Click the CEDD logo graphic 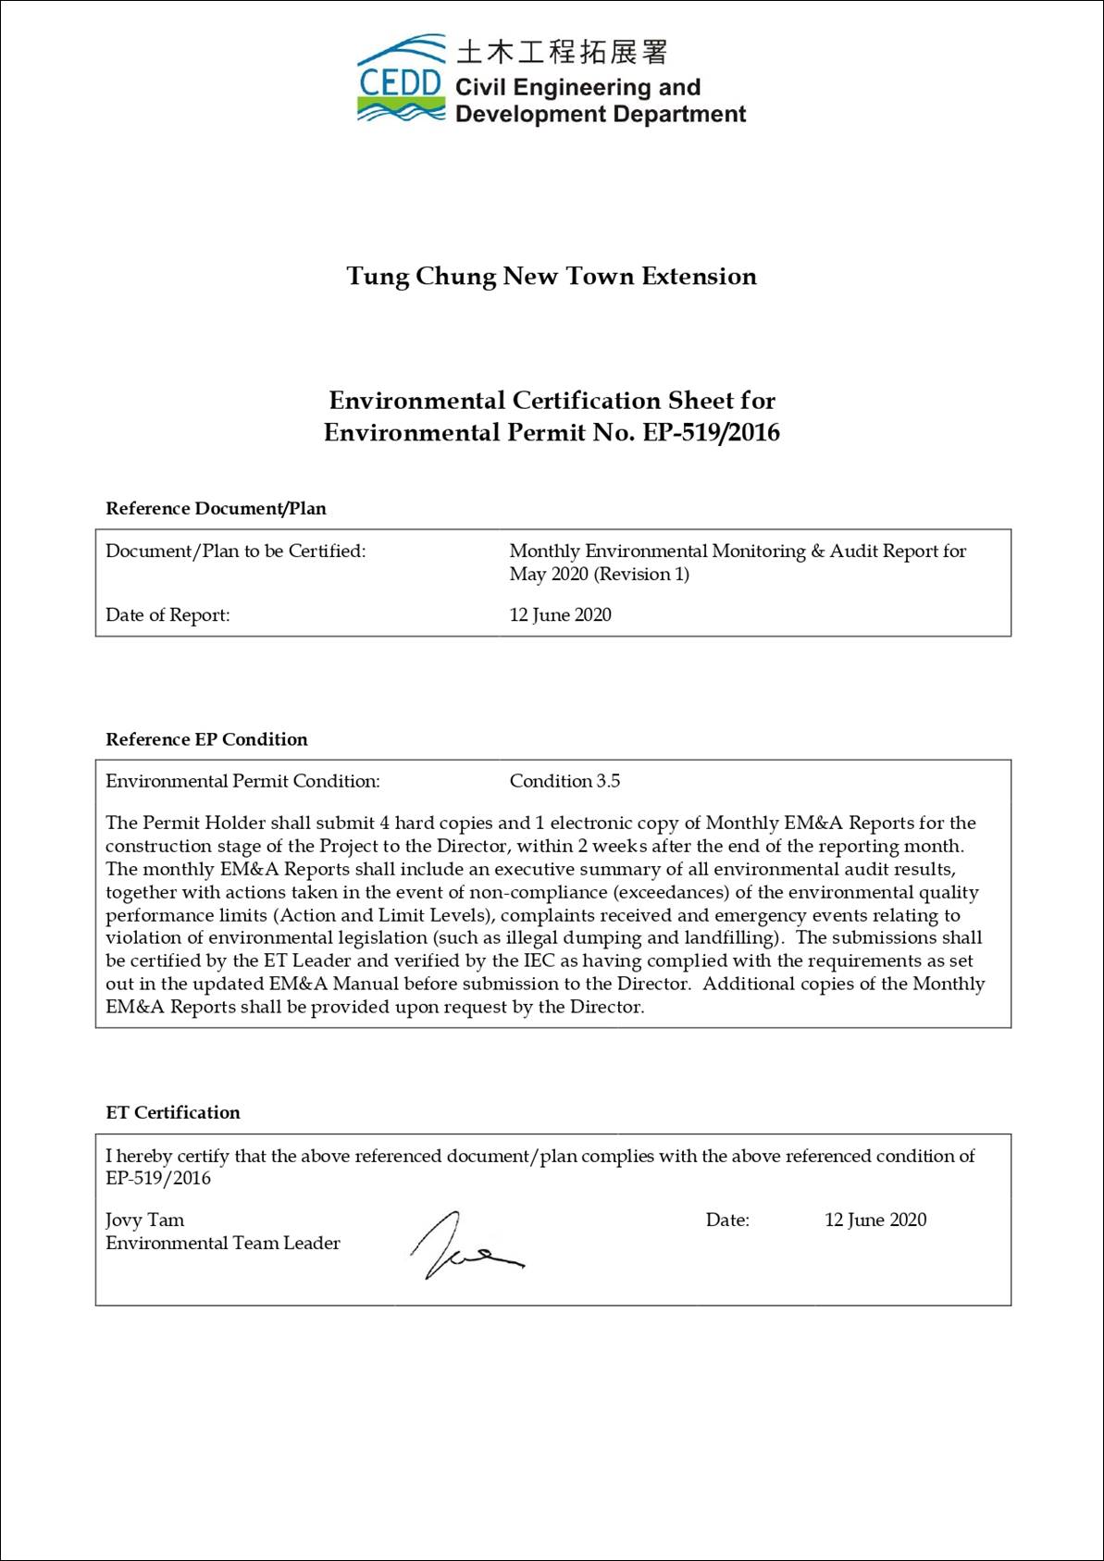click(x=401, y=81)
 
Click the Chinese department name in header click(x=561, y=52)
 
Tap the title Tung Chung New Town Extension click(x=552, y=276)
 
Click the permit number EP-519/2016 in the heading click(x=711, y=432)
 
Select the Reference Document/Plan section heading click(x=216, y=508)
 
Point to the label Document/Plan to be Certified click(x=236, y=551)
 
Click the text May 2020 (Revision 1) click(x=599, y=574)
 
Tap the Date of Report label click(x=167, y=614)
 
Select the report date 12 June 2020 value click(x=560, y=614)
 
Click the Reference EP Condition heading click(x=206, y=739)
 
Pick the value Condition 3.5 click(x=564, y=781)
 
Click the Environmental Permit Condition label click(x=242, y=781)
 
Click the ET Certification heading click(x=173, y=1112)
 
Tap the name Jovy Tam click(x=145, y=1220)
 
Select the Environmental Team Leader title click(x=223, y=1243)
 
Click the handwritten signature click(x=463, y=1245)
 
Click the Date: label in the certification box click(x=727, y=1220)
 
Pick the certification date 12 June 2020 click(x=875, y=1220)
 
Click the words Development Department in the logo click(x=601, y=114)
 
